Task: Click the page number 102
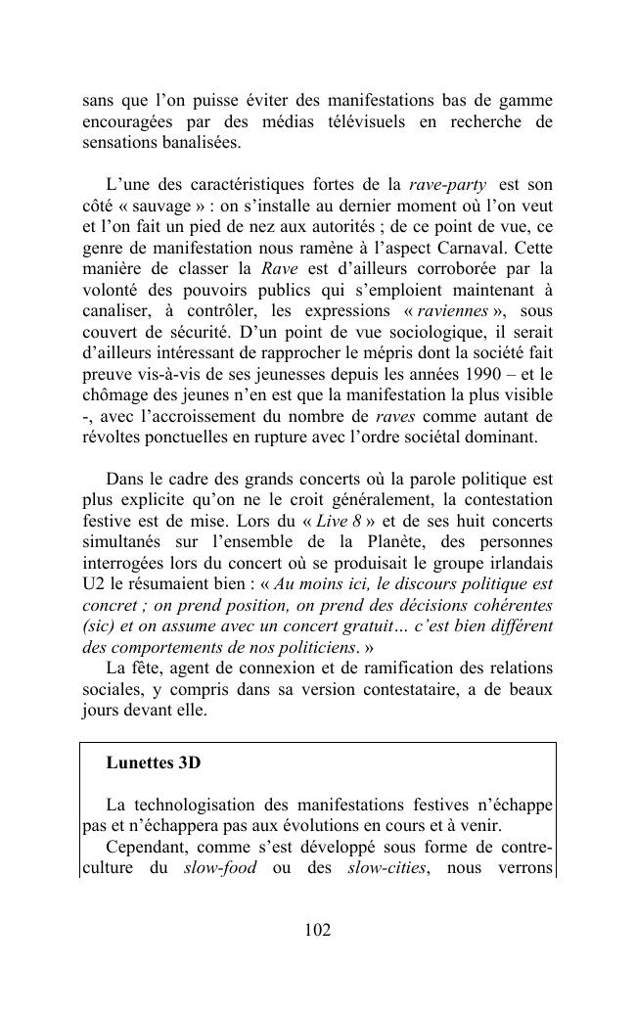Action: coord(317,930)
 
